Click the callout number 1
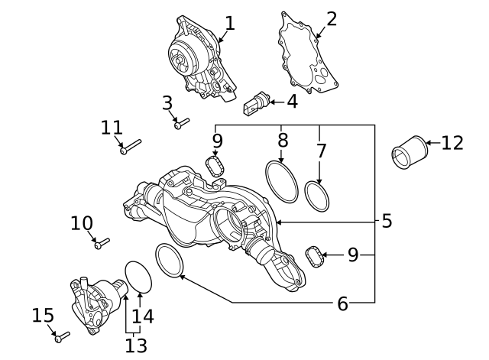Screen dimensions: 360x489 point(229,22)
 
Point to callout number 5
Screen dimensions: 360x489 point(387,222)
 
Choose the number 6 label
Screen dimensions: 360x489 point(343,303)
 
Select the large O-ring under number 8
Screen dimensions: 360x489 point(281,181)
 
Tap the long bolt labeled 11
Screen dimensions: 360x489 point(131,145)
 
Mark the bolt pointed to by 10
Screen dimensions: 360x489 point(102,243)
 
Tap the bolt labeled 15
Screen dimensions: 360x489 point(62,335)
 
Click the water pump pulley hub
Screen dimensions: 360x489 point(181,58)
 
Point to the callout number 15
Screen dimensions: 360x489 point(44,315)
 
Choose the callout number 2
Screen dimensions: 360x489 point(332,18)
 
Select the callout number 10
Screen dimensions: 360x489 point(82,223)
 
